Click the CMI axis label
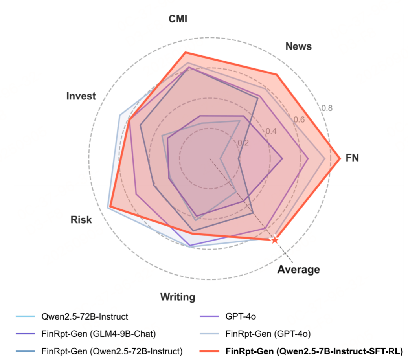(178, 19)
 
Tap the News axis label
(298, 46)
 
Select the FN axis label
(352, 158)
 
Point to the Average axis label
(298, 270)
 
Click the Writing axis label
(177, 297)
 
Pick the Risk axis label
(81, 219)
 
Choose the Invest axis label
(81, 96)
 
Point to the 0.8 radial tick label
(327, 108)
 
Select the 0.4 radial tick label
(271, 131)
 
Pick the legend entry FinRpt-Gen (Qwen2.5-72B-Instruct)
(112, 350)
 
